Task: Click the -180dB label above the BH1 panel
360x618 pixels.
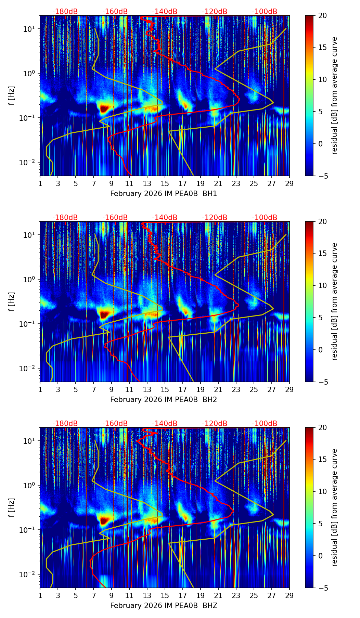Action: tap(65, 12)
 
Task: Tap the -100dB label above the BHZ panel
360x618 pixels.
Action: tap(265, 424)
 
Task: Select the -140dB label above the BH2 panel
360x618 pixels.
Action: tap(165, 218)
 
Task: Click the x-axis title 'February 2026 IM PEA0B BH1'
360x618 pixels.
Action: tap(164, 194)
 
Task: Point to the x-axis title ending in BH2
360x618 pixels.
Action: tap(164, 400)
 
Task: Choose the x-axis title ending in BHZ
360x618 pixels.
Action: tap(164, 606)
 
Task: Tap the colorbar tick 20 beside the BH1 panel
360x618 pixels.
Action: tap(322, 15)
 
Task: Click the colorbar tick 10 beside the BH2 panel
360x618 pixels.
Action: tap(322, 285)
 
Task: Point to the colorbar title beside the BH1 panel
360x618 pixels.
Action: tap(335, 95)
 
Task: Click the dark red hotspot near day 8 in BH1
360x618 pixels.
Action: tap(104, 108)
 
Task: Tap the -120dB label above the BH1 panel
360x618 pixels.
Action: tap(215, 12)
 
